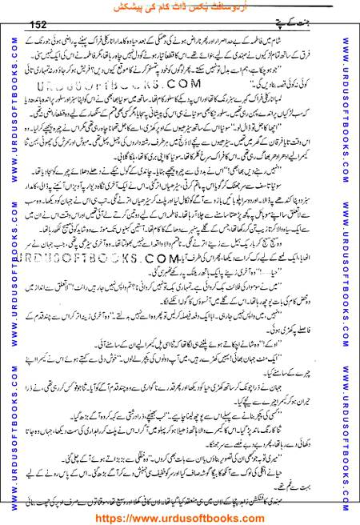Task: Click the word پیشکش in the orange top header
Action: pyautogui.click(x=129, y=8)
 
